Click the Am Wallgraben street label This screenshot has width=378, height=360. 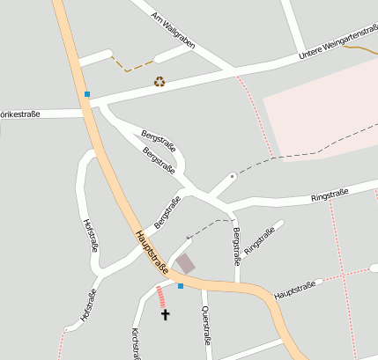(174, 30)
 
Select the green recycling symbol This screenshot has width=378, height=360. (159, 82)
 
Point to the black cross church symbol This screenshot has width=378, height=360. (164, 313)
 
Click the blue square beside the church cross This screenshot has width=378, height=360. (181, 286)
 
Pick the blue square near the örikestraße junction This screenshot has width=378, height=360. (86, 93)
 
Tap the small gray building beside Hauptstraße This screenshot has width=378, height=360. (185, 263)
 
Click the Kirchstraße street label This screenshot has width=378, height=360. (136, 343)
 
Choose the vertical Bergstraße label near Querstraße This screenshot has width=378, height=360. (236, 246)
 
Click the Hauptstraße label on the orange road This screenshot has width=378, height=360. (151, 252)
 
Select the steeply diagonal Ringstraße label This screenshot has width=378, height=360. (259, 240)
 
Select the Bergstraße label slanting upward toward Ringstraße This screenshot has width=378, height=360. (167, 212)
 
